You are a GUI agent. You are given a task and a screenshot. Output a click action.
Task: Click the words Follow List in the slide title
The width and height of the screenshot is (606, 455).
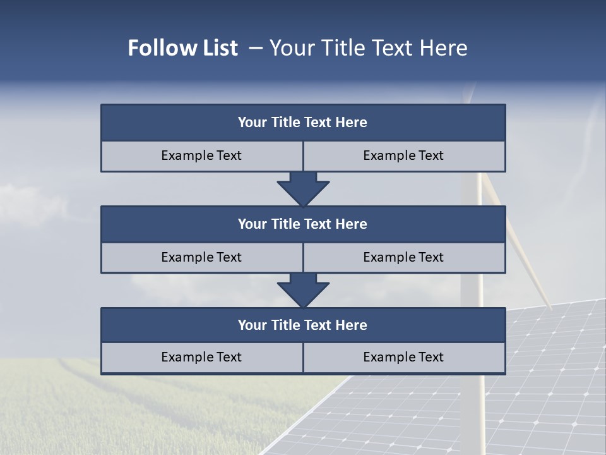click(x=182, y=48)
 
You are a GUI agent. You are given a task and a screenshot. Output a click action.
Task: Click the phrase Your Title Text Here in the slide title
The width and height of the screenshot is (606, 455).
click(x=368, y=48)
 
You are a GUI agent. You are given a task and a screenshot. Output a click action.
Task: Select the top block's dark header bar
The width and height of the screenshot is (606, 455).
click(x=303, y=123)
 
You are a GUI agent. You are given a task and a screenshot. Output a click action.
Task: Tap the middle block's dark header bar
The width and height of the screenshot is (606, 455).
click(x=303, y=224)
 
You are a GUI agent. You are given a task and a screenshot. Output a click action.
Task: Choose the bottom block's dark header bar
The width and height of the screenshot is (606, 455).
click(x=303, y=325)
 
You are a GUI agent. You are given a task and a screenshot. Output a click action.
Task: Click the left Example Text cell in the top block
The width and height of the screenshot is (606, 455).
click(x=201, y=156)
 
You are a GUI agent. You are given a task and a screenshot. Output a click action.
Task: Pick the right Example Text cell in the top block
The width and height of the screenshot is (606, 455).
click(x=403, y=156)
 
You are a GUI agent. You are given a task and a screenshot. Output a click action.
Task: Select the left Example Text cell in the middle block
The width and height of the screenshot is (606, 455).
click(x=201, y=257)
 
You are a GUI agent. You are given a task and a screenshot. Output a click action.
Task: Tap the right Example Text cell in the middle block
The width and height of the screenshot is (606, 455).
click(x=403, y=257)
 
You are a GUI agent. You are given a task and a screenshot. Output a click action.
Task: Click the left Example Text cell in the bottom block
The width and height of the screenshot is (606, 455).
click(x=201, y=358)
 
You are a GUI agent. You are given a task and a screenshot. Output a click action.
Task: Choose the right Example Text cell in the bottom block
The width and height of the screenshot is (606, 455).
click(x=403, y=358)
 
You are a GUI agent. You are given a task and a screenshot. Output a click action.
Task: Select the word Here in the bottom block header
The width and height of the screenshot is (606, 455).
click(x=351, y=325)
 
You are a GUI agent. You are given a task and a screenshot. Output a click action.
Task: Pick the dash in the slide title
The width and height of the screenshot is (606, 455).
click(x=256, y=48)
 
